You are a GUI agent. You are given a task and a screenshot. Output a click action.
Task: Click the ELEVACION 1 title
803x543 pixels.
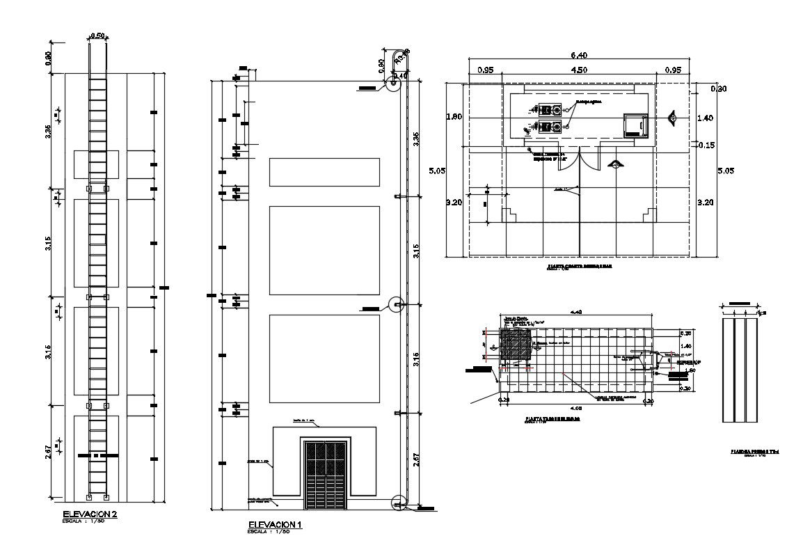[275, 524]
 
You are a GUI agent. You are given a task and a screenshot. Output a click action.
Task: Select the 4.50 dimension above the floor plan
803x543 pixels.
[579, 70]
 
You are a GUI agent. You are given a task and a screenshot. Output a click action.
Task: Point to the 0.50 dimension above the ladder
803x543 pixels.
[97, 36]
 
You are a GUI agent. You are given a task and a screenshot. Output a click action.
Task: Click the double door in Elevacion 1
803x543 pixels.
[325, 474]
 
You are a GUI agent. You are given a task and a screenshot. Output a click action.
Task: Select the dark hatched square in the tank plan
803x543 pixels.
[514, 345]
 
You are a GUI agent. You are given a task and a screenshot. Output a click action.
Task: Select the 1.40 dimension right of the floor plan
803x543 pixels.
[705, 119]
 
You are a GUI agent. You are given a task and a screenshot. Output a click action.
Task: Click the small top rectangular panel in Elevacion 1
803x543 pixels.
[324, 172]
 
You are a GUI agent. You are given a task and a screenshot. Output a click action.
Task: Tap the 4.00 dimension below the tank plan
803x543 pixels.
[575, 407]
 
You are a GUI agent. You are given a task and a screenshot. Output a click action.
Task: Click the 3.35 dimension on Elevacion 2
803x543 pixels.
[48, 131]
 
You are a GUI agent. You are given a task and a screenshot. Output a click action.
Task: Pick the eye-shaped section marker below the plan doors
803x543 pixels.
[615, 164]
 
